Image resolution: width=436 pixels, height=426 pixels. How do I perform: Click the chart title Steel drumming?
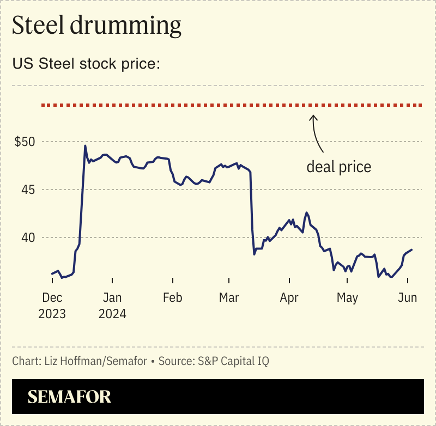tap(96, 26)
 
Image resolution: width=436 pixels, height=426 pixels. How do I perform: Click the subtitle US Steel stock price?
tap(86, 64)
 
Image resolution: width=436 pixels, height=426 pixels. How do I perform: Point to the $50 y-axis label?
tap(25, 142)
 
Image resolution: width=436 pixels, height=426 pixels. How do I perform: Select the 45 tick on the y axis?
tap(28, 190)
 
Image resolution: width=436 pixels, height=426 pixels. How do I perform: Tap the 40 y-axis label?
tap(28, 238)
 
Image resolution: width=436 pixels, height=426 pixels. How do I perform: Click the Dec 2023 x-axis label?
tap(52, 306)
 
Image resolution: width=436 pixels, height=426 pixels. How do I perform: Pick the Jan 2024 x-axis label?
tap(112, 306)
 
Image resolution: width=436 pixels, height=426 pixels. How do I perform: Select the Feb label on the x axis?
tap(172, 298)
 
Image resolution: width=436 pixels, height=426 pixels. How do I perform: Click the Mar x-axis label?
tap(229, 298)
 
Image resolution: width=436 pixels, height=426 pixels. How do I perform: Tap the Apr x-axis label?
tap(289, 298)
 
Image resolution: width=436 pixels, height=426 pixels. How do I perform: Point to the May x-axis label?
tap(347, 298)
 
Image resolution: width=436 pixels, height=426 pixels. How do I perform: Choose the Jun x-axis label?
tap(408, 298)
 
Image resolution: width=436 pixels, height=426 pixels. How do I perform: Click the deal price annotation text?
tap(338, 167)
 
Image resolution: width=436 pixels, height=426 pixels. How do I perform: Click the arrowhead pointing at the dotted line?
tap(313, 116)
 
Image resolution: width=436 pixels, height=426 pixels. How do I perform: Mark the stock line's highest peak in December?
tap(85, 145)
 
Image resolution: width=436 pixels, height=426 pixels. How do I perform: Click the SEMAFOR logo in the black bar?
tap(69, 397)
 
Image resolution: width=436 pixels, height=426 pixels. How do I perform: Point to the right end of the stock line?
tap(412, 249)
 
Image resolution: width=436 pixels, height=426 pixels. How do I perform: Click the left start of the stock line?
tap(52, 273)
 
